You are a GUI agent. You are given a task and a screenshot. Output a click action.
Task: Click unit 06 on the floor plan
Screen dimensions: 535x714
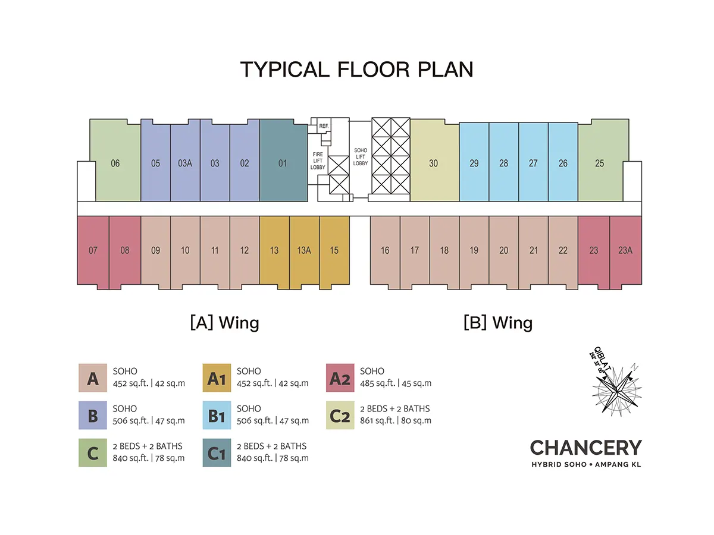(115, 163)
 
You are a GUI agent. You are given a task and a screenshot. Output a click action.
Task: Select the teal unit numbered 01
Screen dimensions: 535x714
(283, 163)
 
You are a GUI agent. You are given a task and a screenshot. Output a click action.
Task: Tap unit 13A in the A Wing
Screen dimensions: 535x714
(304, 250)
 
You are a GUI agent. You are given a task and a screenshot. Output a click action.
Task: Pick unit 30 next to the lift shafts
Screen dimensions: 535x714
(434, 163)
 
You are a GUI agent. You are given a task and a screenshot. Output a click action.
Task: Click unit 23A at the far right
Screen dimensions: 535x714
(625, 250)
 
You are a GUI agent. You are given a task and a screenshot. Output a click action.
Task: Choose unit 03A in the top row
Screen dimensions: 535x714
(185, 163)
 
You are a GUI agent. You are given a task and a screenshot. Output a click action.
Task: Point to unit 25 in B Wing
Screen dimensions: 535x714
(599, 163)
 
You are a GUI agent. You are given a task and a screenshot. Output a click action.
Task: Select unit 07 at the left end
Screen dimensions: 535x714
(93, 250)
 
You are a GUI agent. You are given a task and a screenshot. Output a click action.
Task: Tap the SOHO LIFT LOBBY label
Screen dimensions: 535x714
(361, 157)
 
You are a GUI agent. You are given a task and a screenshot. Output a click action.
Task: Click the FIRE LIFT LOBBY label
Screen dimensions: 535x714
(318, 160)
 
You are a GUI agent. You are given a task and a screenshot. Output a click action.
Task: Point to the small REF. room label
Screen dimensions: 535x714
(324, 126)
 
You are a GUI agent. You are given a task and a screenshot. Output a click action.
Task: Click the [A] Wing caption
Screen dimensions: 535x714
(224, 323)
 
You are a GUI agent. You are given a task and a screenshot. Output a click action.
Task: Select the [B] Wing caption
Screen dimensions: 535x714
(498, 323)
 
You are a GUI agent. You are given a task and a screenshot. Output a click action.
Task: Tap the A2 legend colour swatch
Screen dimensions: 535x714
(340, 378)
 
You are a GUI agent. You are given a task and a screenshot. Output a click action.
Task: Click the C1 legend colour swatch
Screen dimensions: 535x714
(217, 453)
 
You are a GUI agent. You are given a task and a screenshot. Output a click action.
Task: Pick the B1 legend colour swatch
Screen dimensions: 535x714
(217, 416)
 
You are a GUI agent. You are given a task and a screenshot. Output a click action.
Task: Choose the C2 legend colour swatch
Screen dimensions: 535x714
(340, 416)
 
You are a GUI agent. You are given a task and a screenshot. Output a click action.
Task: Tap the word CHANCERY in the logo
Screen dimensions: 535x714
(585, 448)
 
